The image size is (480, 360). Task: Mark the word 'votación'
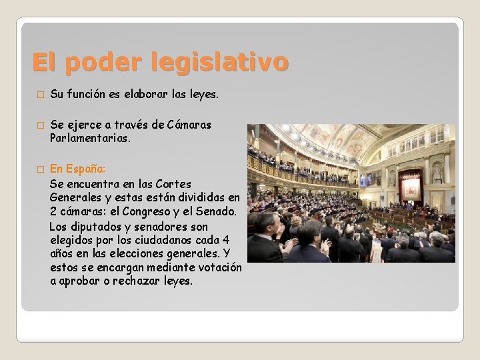pyautogui.click(x=217, y=268)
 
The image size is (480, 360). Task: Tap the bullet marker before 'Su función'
pyautogui.click(x=39, y=96)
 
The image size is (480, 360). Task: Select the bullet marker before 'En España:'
pyautogui.click(x=39, y=170)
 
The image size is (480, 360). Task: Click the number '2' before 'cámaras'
pyautogui.click(x=53, y=212)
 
